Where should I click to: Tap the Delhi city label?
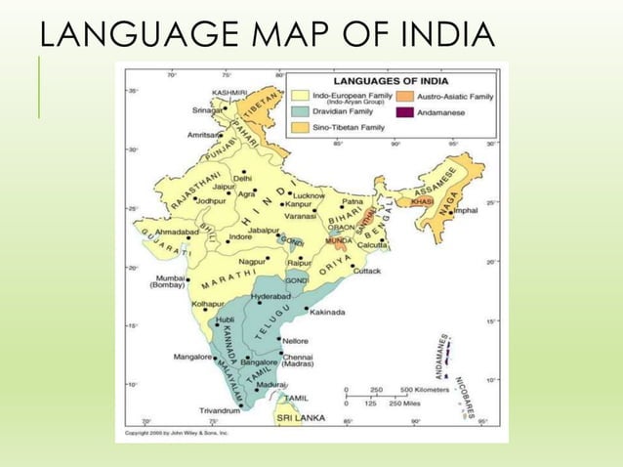(x=242, y=178)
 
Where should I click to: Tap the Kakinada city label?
(x=328, y=313)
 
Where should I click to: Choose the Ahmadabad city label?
(x=176, y=233)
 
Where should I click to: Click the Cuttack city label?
(x=366, y=271)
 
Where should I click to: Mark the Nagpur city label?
(x=251, y=262)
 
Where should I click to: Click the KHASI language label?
(x=422, y=200)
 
